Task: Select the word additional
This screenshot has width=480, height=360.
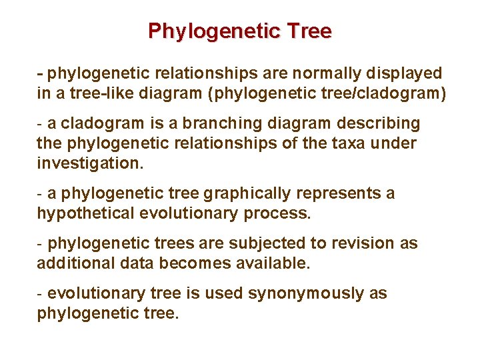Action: coord(69,263)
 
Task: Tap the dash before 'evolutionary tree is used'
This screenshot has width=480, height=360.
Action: coord(41,293)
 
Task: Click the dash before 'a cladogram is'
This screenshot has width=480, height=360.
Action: coord(41,123)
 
